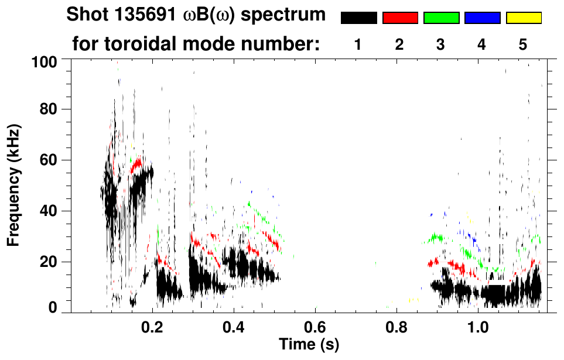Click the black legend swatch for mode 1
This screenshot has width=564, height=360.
pos(358,18)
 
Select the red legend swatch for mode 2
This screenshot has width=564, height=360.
pos(400,18)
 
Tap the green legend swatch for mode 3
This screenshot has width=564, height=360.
pos(441,18)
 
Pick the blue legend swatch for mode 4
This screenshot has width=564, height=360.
pos(482,18)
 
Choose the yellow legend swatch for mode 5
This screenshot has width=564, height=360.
pos(523,18)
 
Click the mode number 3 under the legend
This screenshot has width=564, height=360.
pos(440,44)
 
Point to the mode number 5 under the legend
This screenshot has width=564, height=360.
pos(523,44)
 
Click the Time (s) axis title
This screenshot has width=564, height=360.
pos(308,344)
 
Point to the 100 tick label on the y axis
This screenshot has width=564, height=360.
pos(51,61)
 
